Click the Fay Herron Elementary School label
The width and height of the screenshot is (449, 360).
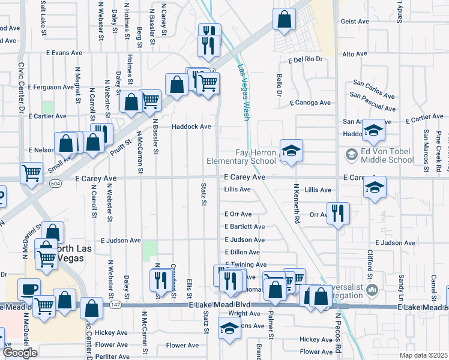click(241, 157)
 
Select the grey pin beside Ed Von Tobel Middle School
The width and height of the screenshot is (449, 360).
click(352, 155)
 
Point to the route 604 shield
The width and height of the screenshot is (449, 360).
click(56, 182)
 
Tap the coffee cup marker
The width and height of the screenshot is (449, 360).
click(28, 290)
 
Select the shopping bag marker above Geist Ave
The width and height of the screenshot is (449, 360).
click(284, 19)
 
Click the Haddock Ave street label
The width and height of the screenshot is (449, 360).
click(191, 127)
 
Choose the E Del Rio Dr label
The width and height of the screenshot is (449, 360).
click(306, 60)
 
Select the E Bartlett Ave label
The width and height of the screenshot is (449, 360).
click(244, 227)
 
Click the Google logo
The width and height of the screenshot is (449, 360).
click(20, 352)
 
